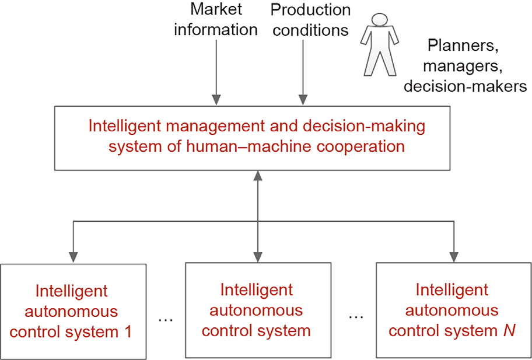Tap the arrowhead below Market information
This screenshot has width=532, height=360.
216,100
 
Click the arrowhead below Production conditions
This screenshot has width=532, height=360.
302,100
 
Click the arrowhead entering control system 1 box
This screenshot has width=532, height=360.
73,257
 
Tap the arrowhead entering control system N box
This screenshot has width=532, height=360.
454,257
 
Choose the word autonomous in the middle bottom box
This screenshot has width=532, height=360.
256,310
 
